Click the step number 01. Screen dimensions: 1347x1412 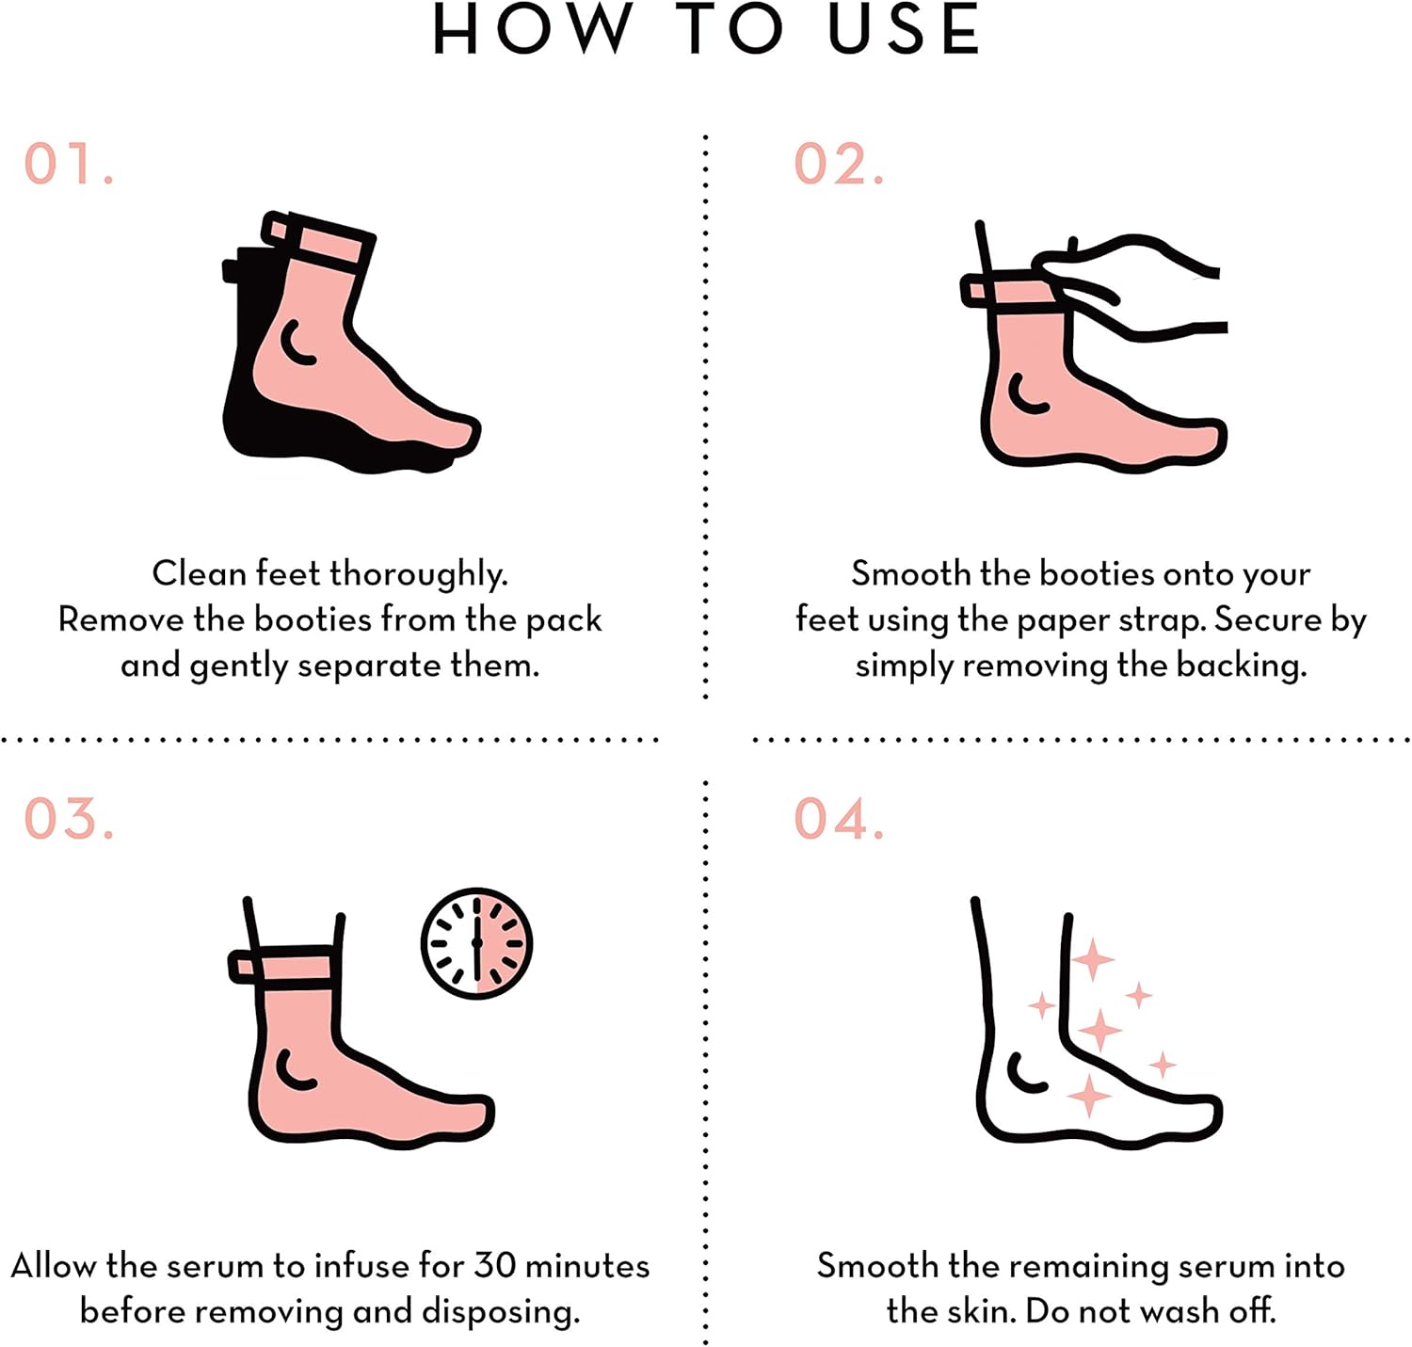click(x=68, y=164)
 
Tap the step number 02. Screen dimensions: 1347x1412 click(x=838, y=164)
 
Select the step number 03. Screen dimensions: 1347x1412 click(x=68, y=818)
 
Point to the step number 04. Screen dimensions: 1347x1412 click(x=838, y=818)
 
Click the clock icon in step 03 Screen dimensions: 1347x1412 click(x=476, y=943)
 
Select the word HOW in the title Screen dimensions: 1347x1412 click(x=532, y=30)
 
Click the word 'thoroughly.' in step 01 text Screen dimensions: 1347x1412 click(x=419, y=574)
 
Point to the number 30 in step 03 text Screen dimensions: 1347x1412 click(x=495, y=1265)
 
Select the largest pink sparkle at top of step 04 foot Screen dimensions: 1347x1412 click(x=1093, y=960)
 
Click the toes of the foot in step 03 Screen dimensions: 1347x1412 click(x=466, y=1115)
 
